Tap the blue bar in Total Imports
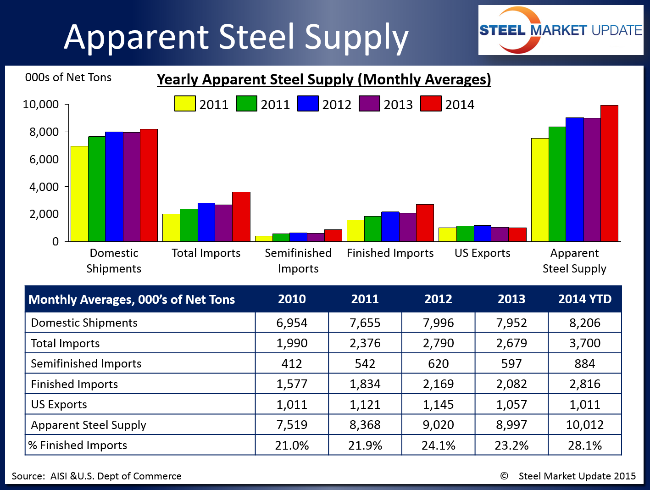tap(206, 222)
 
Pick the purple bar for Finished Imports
tap(408, 227)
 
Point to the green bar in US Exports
tap(465, 234)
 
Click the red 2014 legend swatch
tap(431, 104)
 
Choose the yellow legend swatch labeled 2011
tap(185, 104)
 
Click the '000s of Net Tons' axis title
tap(68, 78)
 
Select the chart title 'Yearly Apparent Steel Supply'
tap(324, 79)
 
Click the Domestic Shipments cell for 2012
tap(438, 323)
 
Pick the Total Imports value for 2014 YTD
tap(585, 343)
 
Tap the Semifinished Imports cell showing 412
tap(292, 364)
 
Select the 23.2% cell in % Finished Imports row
tap(511, 445)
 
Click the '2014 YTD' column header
tap(585, 299)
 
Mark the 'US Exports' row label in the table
tap(59, 405)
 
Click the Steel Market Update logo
tap(561, 30)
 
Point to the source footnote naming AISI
tap(97, 476)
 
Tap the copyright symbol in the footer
tap(504, 476)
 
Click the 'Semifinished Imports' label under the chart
tap(298, 261)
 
